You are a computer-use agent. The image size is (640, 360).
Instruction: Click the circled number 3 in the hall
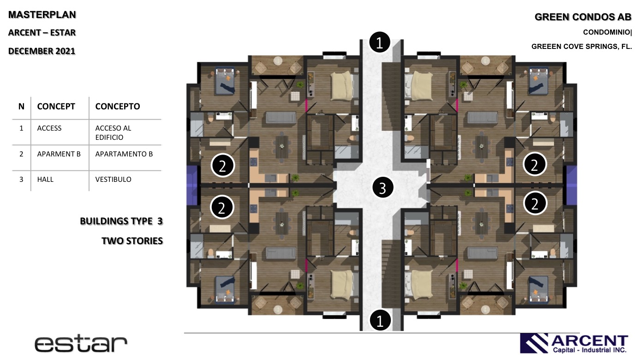click(383, 188)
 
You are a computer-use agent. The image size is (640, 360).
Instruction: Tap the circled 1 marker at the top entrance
click(379, 42)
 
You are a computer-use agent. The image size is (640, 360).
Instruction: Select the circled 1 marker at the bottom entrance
click(380, 320)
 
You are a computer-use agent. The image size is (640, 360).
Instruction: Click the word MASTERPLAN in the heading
click(42, 15)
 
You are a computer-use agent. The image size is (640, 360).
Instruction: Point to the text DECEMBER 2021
click(42, 51)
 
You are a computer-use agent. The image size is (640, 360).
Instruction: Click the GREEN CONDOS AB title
click(583, 17)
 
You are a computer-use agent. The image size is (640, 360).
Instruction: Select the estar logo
click(81, 344)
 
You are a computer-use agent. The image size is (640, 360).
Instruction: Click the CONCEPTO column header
click(117, 106)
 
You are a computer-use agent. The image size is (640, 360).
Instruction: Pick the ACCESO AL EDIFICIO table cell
click(113, 132)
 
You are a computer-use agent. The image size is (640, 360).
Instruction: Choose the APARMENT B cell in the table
click(59, 154)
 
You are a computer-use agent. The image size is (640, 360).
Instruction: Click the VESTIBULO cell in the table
click(113, 180)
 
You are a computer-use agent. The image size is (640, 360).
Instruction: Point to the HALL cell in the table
click(45, 180)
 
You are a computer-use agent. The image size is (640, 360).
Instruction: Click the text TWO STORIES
click(132, 241)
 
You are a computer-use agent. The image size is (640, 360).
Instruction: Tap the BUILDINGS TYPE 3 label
click(121, 221)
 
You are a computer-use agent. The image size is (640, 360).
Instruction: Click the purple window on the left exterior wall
click(192, 185)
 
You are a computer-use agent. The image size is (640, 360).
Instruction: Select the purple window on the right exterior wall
click(571, 185)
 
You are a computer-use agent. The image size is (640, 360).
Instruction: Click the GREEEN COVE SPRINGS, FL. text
click(581, 47)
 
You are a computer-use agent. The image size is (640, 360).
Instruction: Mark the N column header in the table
click(21, 106)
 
